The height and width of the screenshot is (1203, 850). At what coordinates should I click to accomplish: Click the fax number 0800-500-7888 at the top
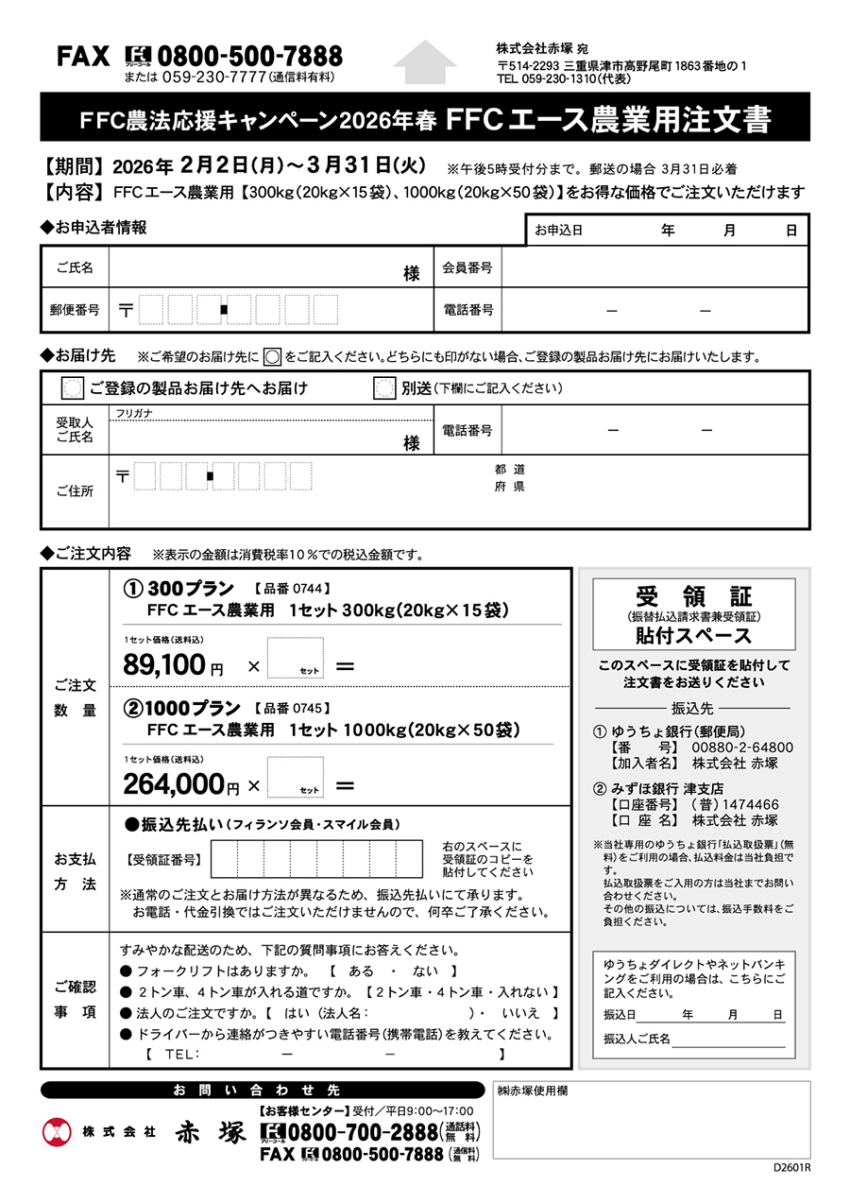coord(249,56)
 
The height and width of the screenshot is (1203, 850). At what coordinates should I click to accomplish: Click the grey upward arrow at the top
coord(425,61)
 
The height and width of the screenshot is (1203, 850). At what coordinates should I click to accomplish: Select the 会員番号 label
coord(467,267)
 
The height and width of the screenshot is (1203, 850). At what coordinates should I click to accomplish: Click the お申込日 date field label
coord(559,230)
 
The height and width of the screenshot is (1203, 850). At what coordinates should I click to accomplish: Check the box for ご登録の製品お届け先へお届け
coord(72,388)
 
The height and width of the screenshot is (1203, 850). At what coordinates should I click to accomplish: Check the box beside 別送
coord(383,388)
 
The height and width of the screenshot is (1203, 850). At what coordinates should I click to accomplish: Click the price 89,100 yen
coord(164,665)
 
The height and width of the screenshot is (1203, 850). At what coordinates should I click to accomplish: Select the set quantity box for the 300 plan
coord(295,658)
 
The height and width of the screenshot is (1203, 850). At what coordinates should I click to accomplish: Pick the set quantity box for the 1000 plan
coord(295,777)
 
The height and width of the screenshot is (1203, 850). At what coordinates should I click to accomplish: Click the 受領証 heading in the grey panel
coord(693,596)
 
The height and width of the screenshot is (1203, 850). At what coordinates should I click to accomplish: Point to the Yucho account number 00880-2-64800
coord(742,748)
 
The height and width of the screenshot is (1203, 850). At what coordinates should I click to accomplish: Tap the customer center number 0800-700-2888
coord(364,1132)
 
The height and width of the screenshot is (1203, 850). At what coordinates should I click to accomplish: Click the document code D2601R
coord(791,1167)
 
